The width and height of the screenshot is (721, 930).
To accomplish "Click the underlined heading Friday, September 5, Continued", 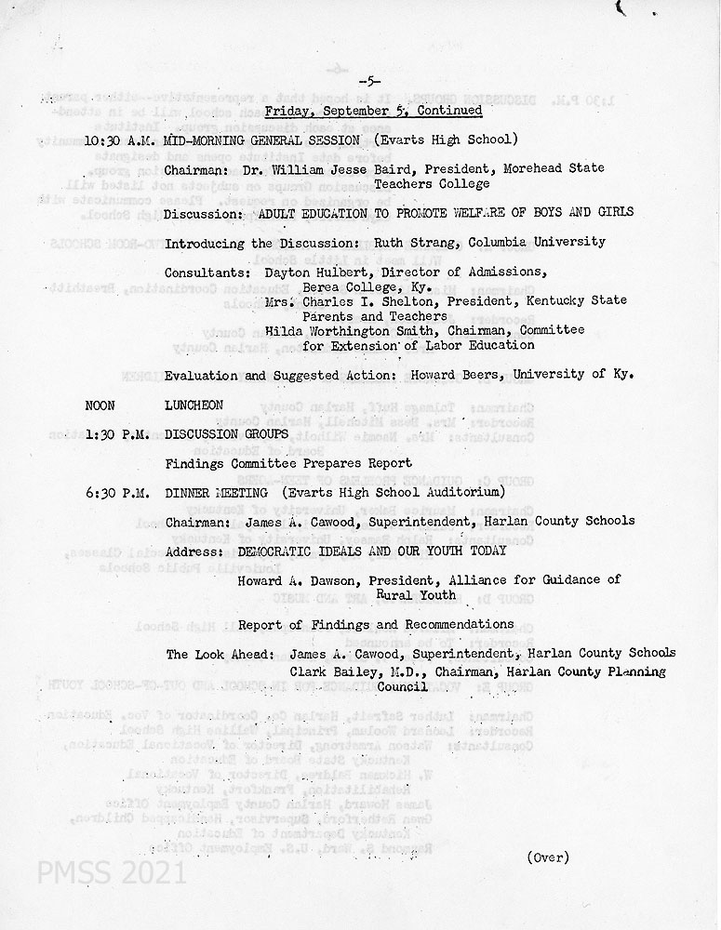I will [x=373, y=112].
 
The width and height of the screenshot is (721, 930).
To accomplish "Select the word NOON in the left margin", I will [x=100, y=405].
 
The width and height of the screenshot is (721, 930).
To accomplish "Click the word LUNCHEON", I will [x=194, y=405].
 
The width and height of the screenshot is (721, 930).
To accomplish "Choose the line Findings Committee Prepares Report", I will [x=288, y=463].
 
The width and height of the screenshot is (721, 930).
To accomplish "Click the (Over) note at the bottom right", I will [x=548, y=857].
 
